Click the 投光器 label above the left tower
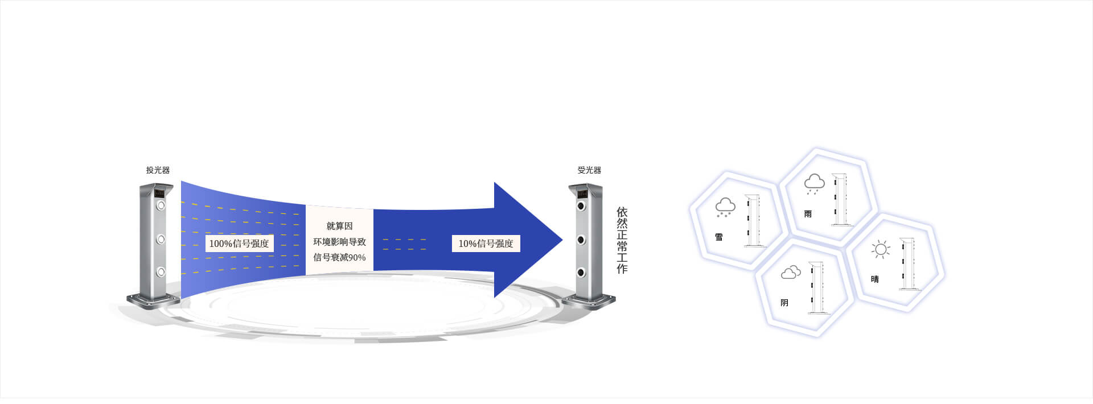pos(158,170)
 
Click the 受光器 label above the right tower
pos(589,170)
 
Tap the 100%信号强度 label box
pos(239,244)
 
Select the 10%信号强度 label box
pos(486,244)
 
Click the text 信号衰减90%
pos(339,257)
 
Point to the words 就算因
pos(339,226)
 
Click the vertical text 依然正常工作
pos(622,240)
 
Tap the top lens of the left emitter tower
pos(161,205)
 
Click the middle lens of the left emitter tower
pos(161,239)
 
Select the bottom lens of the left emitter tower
pos(161,272)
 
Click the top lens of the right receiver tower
pos(581,206)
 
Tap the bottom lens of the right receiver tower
pos(581,273)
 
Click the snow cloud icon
pos(725,208)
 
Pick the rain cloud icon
pos(814,183)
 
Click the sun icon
pos(881,249)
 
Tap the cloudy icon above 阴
pos(791,273)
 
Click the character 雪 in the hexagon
pos(719,237)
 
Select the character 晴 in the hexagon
pos(875,279)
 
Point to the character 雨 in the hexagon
pos(808,214)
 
